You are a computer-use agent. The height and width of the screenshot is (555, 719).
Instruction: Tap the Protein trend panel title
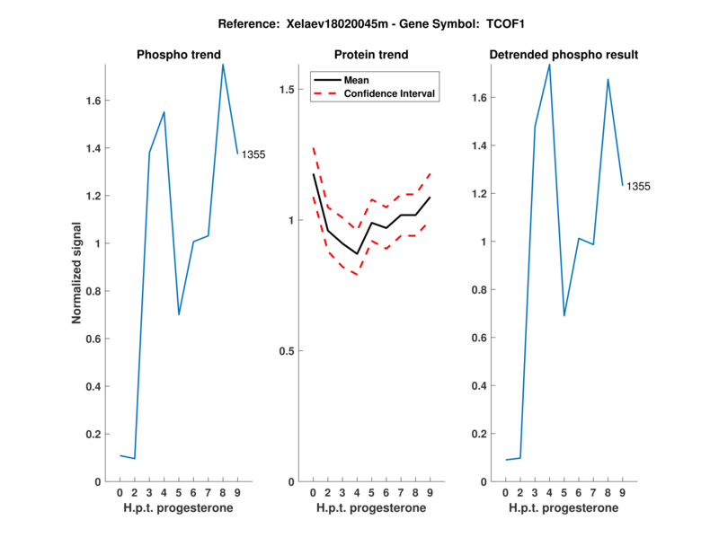[x=372, y=55]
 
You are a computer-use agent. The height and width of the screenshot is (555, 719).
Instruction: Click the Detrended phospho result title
[x=564, y=55]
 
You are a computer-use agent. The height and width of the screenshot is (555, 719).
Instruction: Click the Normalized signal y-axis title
[x=78, y=273]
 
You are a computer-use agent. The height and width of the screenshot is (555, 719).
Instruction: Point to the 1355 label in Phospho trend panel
[x=253, y=154]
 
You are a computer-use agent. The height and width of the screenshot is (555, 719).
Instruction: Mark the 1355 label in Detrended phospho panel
[x=638, y=187]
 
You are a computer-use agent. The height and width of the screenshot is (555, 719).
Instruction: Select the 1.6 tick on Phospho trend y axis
[x=94, y=101]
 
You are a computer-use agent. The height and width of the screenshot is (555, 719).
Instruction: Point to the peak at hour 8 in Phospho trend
[x=223, y=64]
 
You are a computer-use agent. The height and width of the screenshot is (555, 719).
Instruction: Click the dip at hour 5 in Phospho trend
[x=179, y=314]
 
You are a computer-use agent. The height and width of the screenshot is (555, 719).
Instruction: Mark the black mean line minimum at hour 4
[x=357, y=254]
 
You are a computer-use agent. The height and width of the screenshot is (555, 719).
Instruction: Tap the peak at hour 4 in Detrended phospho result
[x=549, y=64]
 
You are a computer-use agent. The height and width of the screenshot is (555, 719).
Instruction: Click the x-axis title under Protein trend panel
[x=372, y=508]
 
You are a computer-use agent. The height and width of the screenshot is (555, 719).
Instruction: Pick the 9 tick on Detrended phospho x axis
[x=622, y=492]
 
